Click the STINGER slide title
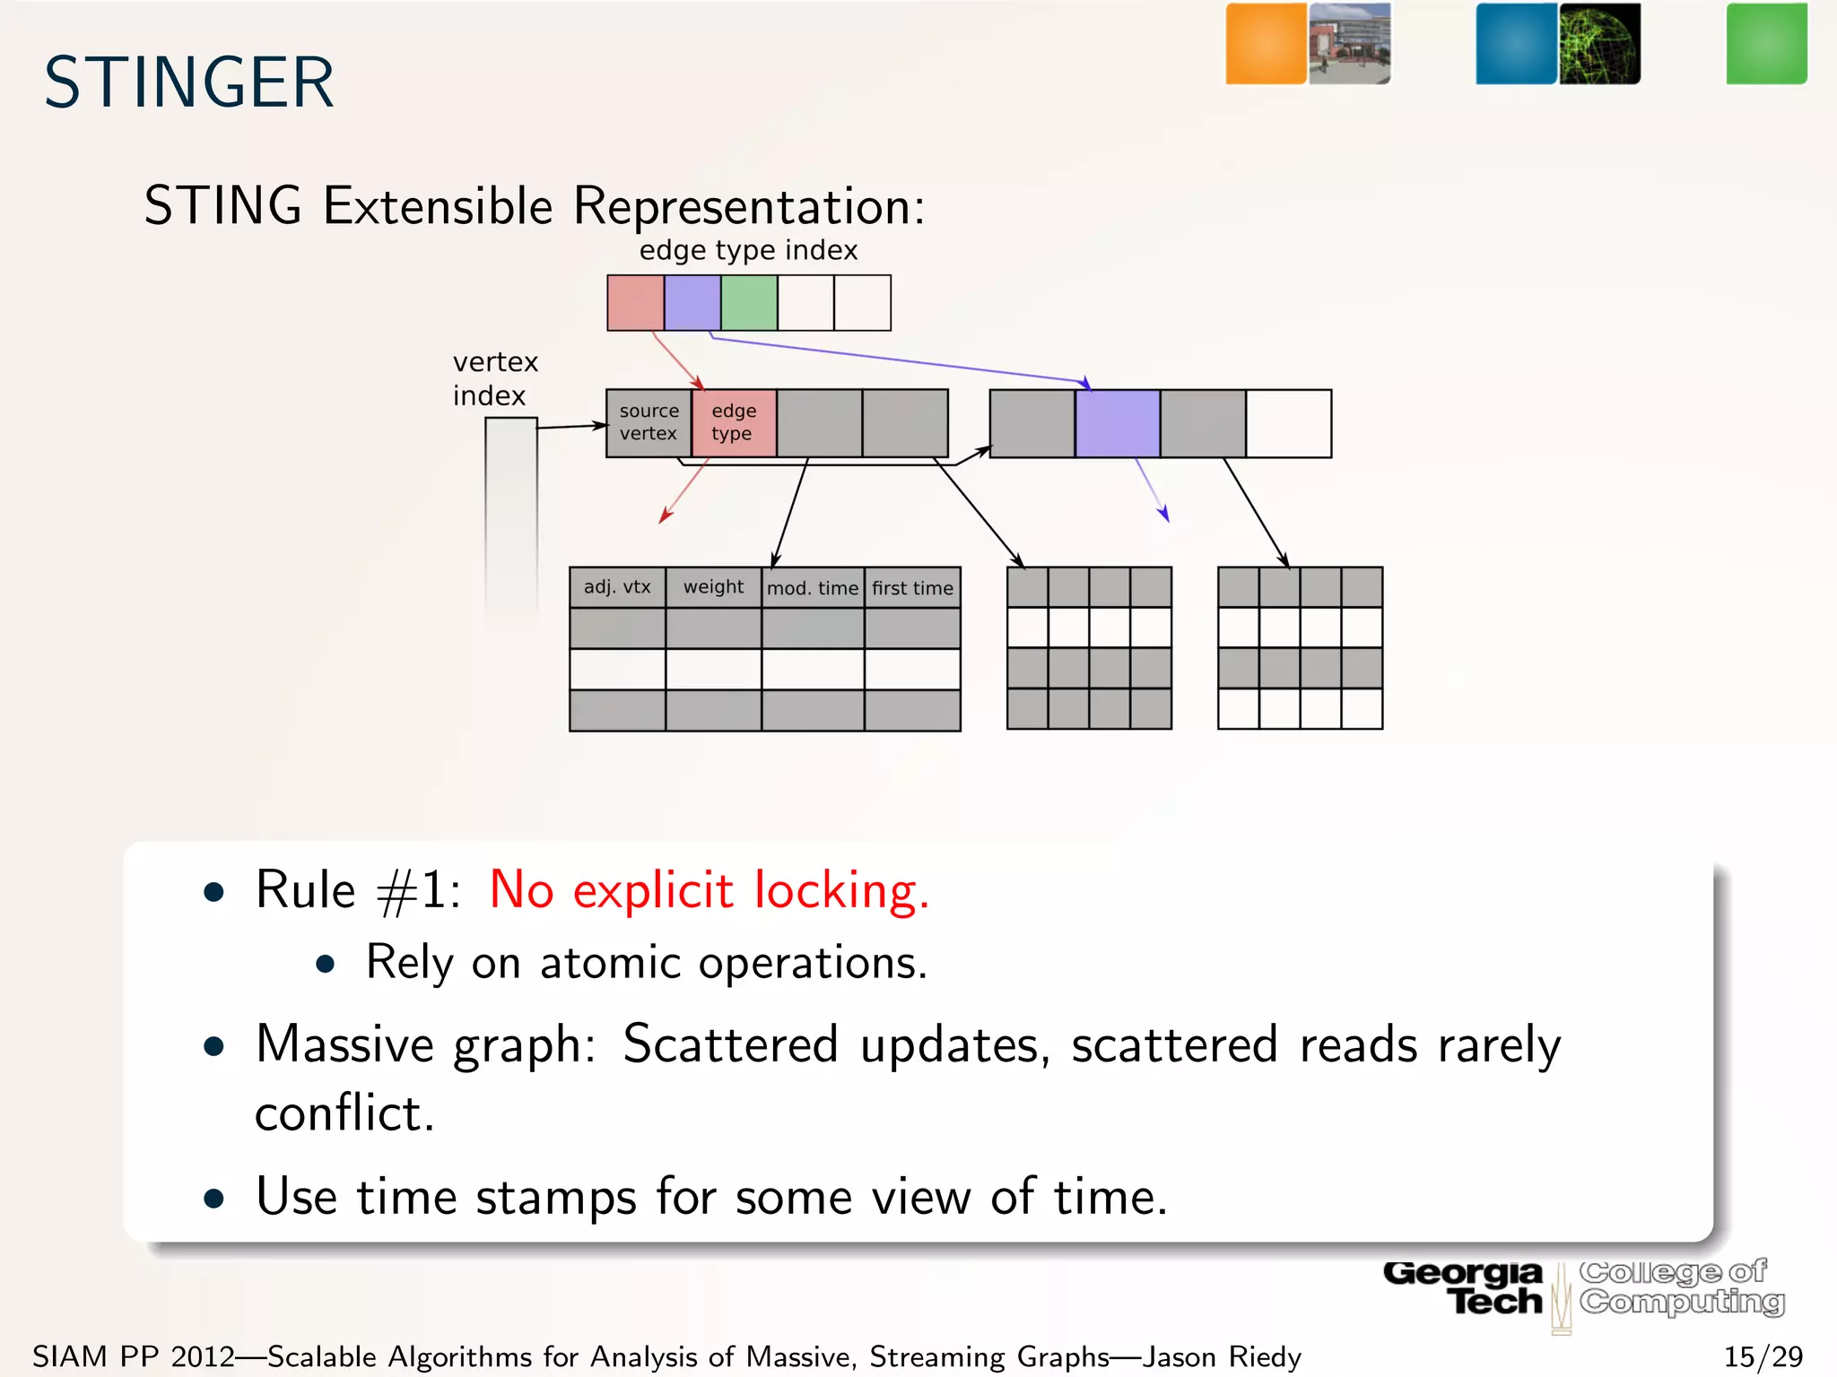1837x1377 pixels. click(x=189, y=82)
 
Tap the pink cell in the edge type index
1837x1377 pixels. click(x=635, y=303)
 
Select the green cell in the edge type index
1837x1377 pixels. click(x=749, y=303)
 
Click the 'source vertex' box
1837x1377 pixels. click(x=649, y=422)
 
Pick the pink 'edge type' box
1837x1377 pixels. click(x=734, y=422)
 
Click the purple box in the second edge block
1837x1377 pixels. click(x=1117, y=423)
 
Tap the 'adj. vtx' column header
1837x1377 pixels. click(x=617, y=587)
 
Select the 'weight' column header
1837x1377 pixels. click(x=713, y=587)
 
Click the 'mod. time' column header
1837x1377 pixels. click(x=813, y=588)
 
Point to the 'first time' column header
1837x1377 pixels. click(x=912, y=588)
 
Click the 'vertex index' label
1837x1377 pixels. click(x=494, y=378)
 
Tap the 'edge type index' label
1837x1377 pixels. click(x=748, y=250)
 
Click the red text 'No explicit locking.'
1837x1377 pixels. click(x=709, y=890)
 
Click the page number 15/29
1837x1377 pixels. click(x=1763, y=1356)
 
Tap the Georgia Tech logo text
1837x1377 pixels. click(x=1464, y=1287)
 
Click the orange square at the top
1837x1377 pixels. click(x=1266, y=43)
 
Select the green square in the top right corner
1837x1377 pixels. click(x=1766, y=43)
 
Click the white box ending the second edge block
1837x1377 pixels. click(x=1288, y=423)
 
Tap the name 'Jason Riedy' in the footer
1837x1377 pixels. click(x=1221, y=1356)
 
